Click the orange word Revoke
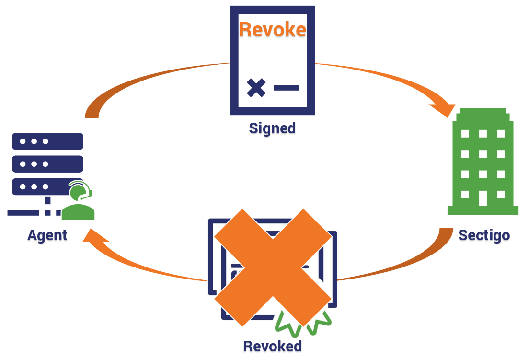click(x=272, y=30)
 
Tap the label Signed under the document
click(x=272, y=128)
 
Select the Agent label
click(x=47, y=235)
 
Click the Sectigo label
click(x=484, y=235)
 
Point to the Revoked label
click(x=272, y=346)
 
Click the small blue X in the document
click(x=256, y=88)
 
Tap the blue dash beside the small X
click(x=286, y=88)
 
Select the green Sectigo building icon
click(x=483, y=163)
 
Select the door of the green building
click(x=483, y=198)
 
